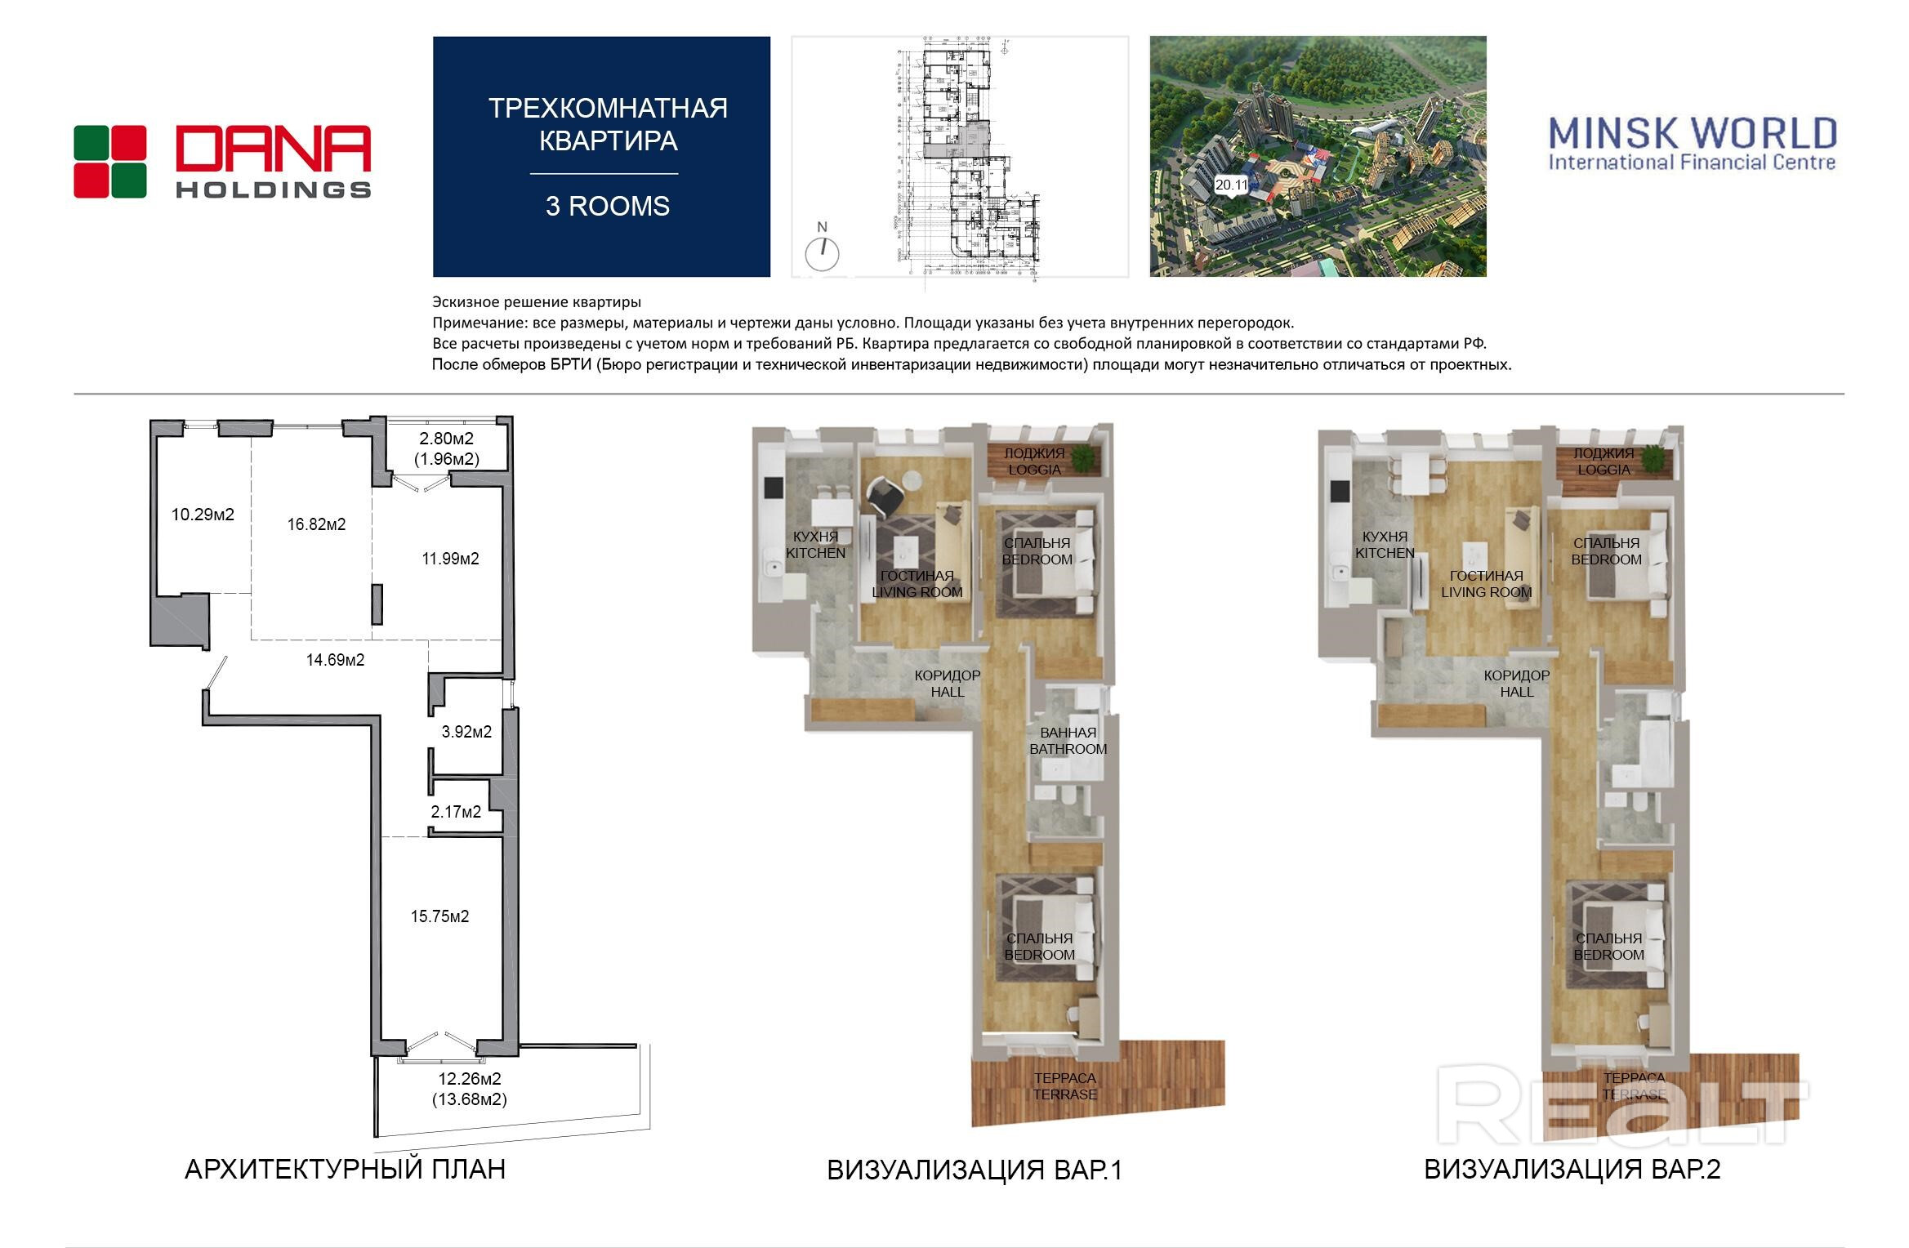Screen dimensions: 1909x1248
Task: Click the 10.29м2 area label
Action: coord(203,515)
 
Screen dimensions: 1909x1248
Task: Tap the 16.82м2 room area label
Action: coord(316,524)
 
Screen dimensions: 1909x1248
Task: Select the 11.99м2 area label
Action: coord(450,559)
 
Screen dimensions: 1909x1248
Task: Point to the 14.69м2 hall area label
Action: coord(335,660)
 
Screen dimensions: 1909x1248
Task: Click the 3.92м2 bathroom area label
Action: coord(466,732)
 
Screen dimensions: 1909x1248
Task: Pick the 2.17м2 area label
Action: coord(456,812)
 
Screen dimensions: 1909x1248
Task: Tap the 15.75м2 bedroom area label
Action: coord(439,916)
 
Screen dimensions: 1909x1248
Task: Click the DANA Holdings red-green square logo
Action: coord(110,162)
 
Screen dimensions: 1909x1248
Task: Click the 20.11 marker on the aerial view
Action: coord(1231,185)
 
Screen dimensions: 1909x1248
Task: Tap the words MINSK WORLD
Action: coord(1693,133)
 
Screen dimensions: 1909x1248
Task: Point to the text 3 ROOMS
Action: coord(608,206)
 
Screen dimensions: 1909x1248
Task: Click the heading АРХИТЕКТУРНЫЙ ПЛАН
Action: coord(345,1170)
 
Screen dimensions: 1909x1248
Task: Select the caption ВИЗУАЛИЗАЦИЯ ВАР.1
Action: coord(975,1170)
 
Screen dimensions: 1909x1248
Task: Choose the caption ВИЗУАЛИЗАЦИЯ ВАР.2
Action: coord(1572,1170)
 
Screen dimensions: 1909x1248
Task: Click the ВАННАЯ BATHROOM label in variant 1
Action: coord(1068,741)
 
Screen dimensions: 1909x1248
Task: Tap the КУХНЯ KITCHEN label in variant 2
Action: coord(1385,545)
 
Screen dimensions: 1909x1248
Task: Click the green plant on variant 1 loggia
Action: coord(1084,458)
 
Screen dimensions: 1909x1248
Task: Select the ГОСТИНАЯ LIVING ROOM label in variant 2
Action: coord(1486,584)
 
